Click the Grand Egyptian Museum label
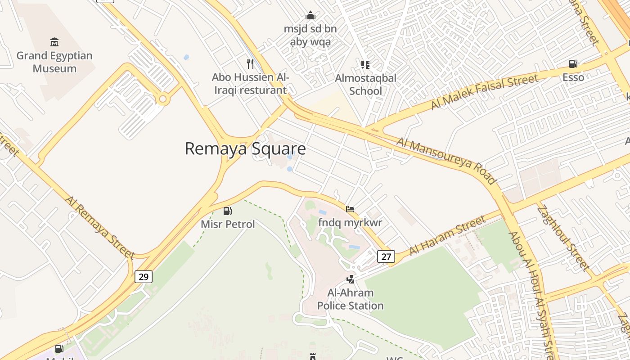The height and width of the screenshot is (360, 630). pos(54,62)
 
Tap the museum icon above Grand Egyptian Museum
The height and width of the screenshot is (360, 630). pos(54,42)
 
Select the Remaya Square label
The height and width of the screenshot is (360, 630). pos(245,148)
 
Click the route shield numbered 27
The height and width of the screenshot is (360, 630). pos(386,256)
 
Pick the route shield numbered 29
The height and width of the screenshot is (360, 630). pos(144,276)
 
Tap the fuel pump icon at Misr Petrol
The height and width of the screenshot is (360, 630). pos(228,211)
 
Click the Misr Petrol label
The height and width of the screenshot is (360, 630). pos(228,224)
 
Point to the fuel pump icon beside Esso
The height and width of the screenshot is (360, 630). pos(573,64)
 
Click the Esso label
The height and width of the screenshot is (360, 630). pos(573,77)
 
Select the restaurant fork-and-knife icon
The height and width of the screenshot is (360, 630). pos(250,64)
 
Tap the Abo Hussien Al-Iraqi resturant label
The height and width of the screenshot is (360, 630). pos(250,84)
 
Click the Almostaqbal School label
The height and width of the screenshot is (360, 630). pos(365,84)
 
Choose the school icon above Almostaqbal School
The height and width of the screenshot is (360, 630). pos(365,65)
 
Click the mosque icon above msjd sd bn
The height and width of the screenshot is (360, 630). pos(310,16)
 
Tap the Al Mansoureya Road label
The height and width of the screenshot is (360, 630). pos(446,161)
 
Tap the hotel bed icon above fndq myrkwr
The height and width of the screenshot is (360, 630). pos(350,209)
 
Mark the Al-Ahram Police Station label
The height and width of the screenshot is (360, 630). pos(351,299)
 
